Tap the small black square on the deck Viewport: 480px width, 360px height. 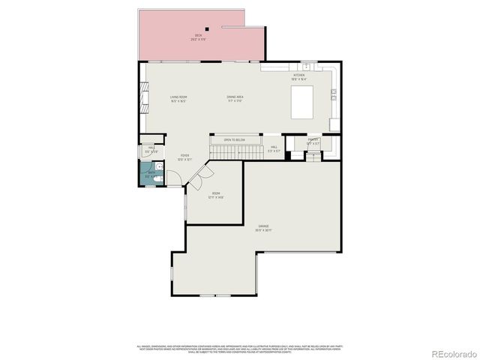(x=207, y=30)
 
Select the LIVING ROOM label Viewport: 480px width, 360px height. (x=178, y=98)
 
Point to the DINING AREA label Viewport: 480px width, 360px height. (x=235, y=98)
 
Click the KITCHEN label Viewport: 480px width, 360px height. (x=298, y=76)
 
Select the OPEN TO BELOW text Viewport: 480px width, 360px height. (x=234, y=139)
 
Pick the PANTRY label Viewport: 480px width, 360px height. (x=313, y=140)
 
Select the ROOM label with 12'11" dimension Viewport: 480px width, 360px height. (x=216, y=196)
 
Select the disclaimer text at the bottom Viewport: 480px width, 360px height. (x=239, y=349)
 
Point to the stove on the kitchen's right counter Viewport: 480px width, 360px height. (x=334, y=94)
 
